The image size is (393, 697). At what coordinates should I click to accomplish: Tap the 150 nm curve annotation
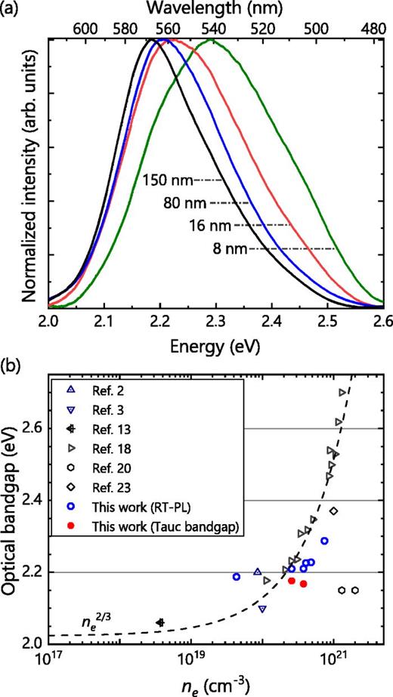point(169,181)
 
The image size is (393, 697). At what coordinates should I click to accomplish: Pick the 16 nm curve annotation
point(213,225)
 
